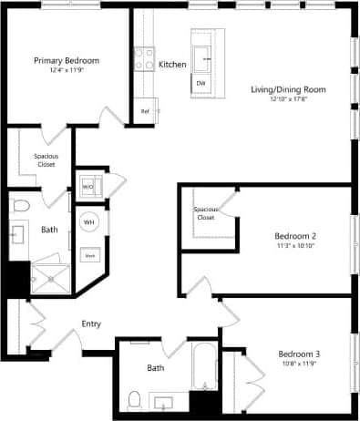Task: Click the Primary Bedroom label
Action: point(67,60)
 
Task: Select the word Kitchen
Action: point(172,65)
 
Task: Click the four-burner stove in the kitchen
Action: point(145,60)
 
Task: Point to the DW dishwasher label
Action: point(201,83)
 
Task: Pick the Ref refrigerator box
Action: point(145,112)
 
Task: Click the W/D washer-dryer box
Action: point(89,186)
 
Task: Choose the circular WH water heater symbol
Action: point(90,221)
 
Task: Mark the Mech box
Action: point(90,256)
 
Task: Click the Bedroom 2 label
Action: point(294,236)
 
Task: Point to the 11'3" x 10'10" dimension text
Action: point(294,246)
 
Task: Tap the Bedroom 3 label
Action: point(299,354)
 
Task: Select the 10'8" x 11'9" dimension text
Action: point(299,364)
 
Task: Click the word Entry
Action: point(91,323)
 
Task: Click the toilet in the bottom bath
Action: point(135,398)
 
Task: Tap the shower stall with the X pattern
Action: point(52,278)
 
